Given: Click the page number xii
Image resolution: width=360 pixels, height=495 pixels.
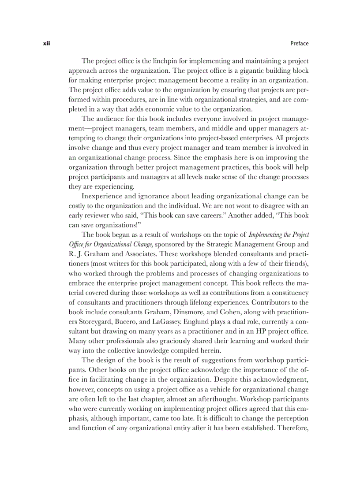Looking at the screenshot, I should [46, 43].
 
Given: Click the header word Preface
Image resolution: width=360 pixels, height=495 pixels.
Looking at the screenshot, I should [300, 43].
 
